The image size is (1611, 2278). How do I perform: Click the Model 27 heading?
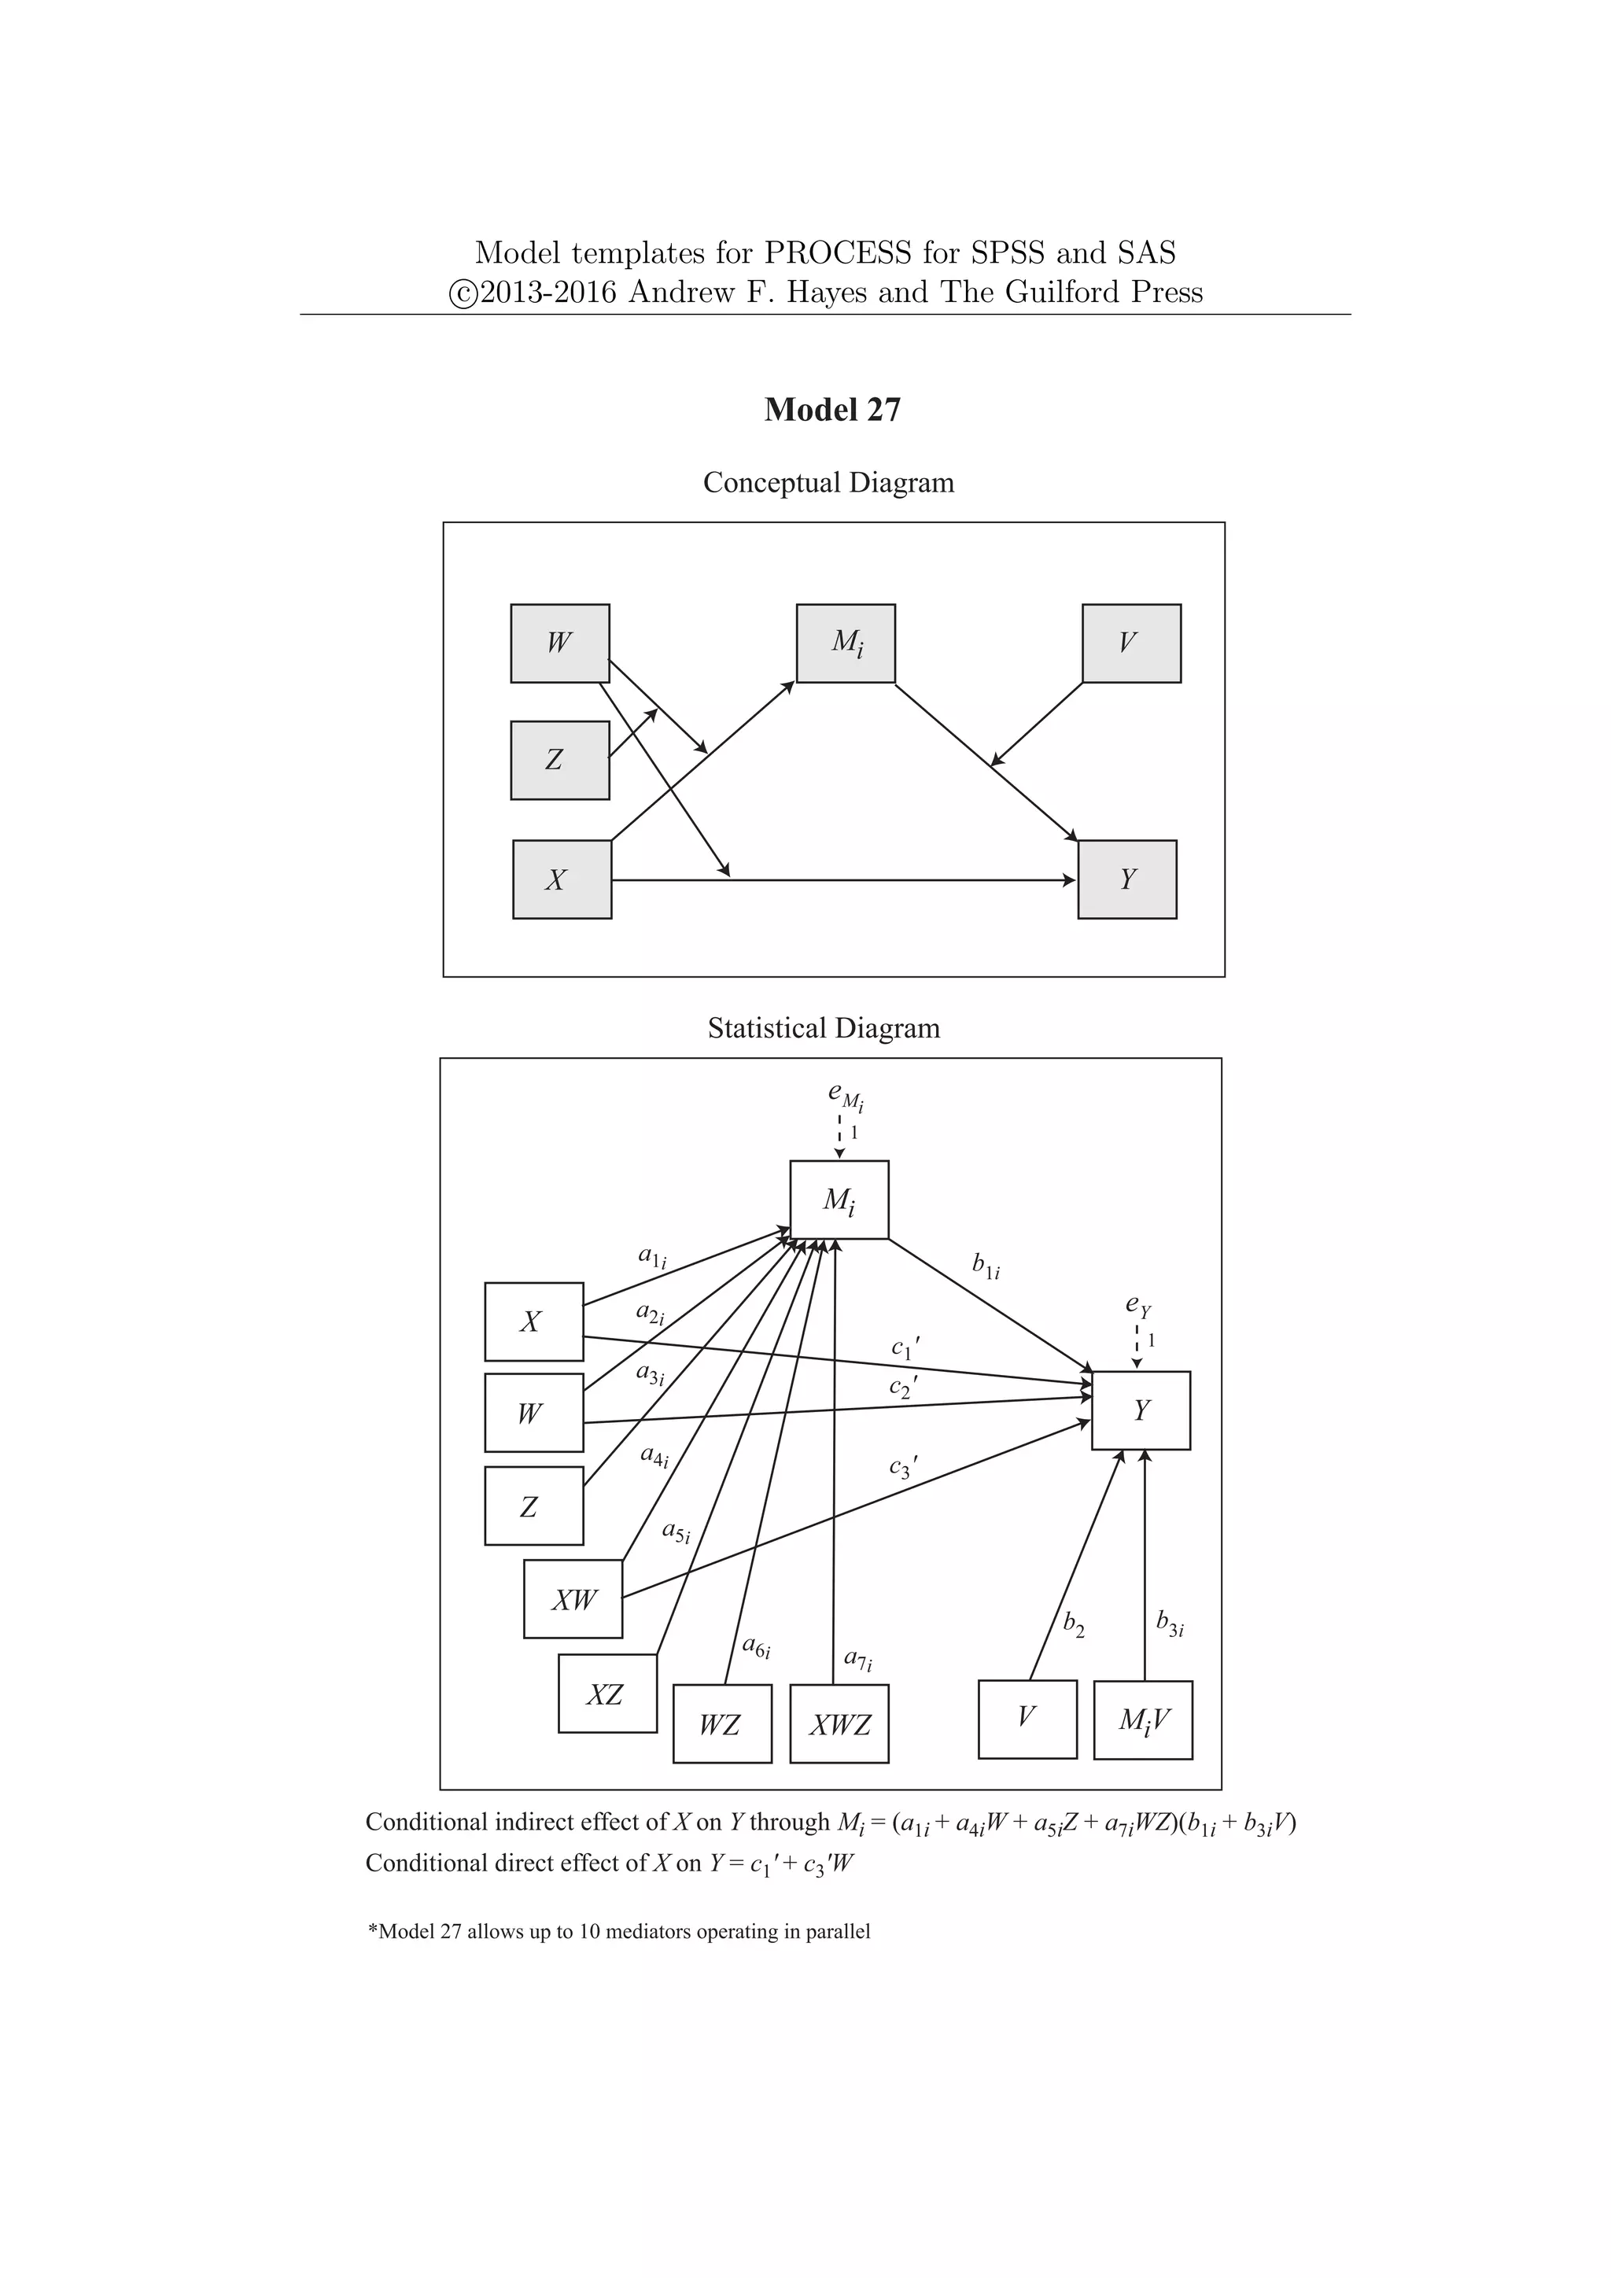click(x=831, y=410)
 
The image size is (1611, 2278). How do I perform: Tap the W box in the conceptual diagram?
click(x=559, y=643)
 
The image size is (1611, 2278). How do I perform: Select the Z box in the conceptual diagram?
click(x=559, y=760)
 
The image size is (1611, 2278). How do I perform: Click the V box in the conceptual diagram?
click(x=1131, y=643)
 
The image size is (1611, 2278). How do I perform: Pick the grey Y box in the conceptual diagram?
click(x=1127, y=879)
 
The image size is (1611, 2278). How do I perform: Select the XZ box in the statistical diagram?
click(x=607, y=1694)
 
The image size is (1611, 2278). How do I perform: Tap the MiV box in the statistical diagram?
click(x=1143, y=1720)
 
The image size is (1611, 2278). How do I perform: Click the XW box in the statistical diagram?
click(x=573, y=1599)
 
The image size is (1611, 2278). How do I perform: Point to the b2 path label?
click(x=1073, y=1624)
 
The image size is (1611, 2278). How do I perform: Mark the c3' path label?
click(x=904, y=1467)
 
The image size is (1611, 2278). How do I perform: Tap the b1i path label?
click(x=985, y=1266)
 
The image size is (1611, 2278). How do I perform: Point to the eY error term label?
click(x=1137, y=1306)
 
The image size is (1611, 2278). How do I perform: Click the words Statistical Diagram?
click(x=824, y=1028)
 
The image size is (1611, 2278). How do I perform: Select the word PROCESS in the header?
click(x=836, y=253)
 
